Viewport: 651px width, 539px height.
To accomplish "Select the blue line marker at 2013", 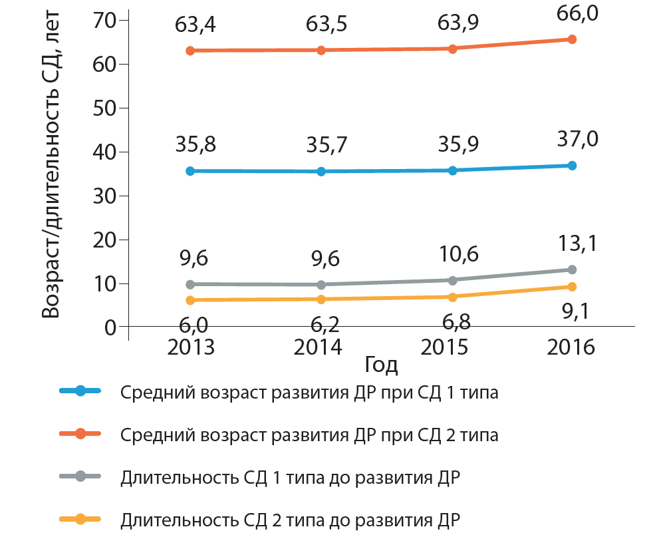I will tap(190, 171).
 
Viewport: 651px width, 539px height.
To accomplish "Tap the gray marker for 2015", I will tap(452, 280).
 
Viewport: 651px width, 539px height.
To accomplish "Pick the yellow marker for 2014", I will tap(321, 299).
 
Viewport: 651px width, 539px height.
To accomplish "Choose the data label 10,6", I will tap(452, 255).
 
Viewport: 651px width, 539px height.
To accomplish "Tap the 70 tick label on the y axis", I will tap(106, 21).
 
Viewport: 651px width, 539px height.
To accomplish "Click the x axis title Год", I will tap(381, 365).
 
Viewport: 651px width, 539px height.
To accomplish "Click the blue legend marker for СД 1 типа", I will tap(80, 391).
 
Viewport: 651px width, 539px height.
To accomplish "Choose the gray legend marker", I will tap(80, 476).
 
